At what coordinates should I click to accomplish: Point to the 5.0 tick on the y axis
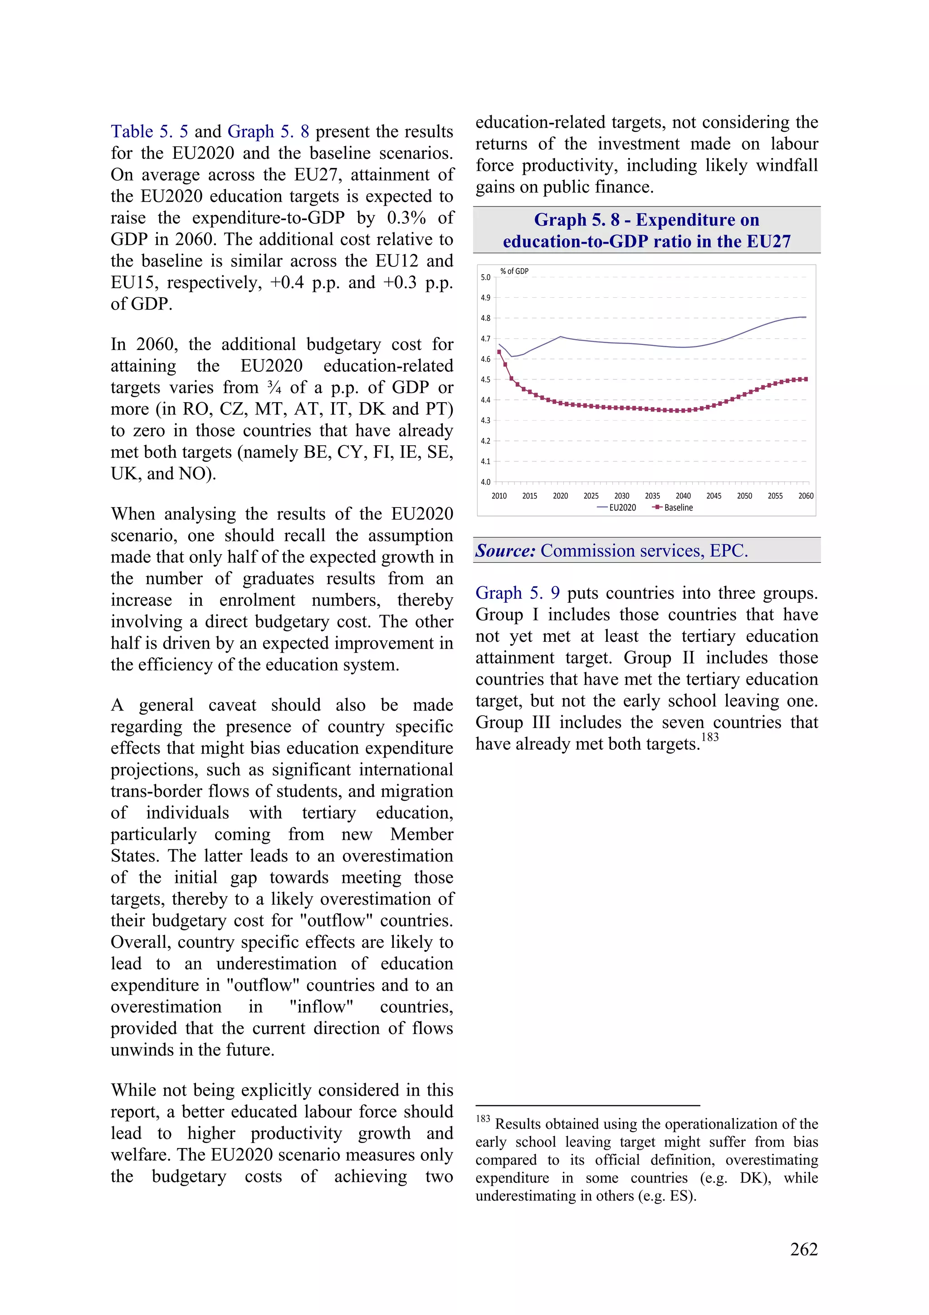pyautogui.click(x=485, y=277)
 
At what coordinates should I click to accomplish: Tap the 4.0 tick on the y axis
pyautogui.click(x=485, y=482)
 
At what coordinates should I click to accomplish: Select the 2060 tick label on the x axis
pyautogui.click(x=805, y=496)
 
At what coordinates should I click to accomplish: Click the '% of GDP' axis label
pyautogui.click(x=514, y=271)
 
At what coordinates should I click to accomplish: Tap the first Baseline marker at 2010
pyautogui.click(x=499, y=352)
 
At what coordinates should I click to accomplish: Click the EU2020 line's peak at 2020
pyautogui.click(x=560, y=337)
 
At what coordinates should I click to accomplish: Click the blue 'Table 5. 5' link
pyautogui.click(x=149, y=132)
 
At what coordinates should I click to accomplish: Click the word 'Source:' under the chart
pyautogui.click(x=505, y=551)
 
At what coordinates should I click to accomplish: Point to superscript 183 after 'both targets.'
pyautogui.click(x=710, y=737)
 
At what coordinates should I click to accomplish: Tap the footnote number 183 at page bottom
pyautogui.click(x=483, y=1118)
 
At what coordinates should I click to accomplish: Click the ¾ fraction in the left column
pyautogui.click(x=274, y=388)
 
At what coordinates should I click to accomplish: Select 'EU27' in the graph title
pyautogui.click(x=767, y=241)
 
